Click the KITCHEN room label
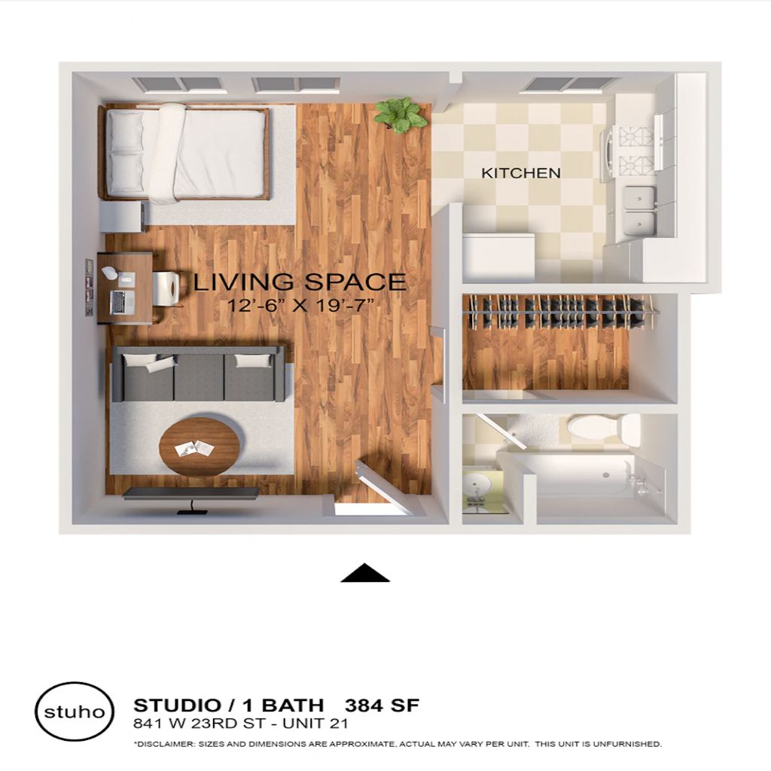tap(521, 173)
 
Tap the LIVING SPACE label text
tap(300, 282)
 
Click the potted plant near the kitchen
tap(400, 114)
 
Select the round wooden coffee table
tap(199, 446)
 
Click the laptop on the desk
tap(122, 302)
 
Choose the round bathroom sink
tap(477, 486)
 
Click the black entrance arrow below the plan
tap(365, 573)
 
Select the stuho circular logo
tap(75, 711)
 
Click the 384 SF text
tap(382, 705)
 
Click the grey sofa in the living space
tap(199, 373)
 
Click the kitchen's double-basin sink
tap(639, 211)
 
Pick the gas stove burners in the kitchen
tap(636, 151)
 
